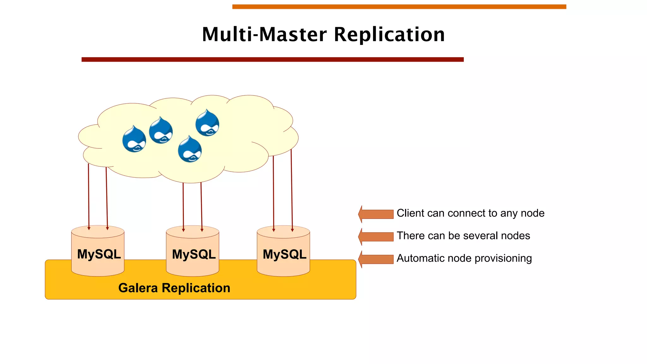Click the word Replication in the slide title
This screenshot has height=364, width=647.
(389, 35)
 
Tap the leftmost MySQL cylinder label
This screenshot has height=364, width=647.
(99, 254)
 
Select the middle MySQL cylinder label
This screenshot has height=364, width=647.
(194, 254)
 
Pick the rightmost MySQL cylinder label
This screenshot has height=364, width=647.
(284, 254)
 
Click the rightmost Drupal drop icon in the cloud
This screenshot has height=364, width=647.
(207, 124)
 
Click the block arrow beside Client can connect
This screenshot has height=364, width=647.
(376, 214)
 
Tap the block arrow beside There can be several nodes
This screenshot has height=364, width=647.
(376, 237)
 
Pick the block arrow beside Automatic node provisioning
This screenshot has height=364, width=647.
(376, 259)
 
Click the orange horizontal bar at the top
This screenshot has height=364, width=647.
(399, 7)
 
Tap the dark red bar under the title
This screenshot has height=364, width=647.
(272, 59)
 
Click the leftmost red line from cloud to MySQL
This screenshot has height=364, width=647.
(89, 196)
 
